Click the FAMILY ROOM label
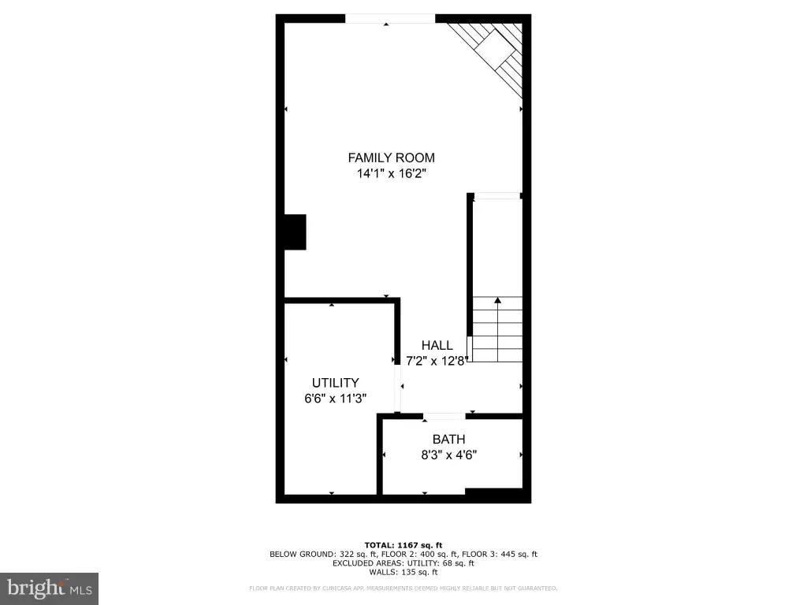click(391, 158)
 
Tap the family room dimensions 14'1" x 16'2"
click(392, 173)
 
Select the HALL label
click(437, 345)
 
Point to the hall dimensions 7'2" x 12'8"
click(437, 361)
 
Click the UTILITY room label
click(336, 383)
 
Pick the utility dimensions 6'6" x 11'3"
click(336, 398)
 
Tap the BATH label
click(448, 440)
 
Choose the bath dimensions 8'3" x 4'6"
click(448, 455)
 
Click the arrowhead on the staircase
click(498, 300)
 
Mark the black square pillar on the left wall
click(296, 232)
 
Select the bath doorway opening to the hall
click(444, 416)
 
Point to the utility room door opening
click(397, 388)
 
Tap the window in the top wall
click(390, 19)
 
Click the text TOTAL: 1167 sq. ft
click(403, 545)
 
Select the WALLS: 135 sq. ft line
click(403, 572)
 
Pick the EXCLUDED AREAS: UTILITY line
click(403, 562)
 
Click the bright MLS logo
click(50, 588)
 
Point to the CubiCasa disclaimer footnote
click(403, 588)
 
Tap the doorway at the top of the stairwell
click(496, 196)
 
